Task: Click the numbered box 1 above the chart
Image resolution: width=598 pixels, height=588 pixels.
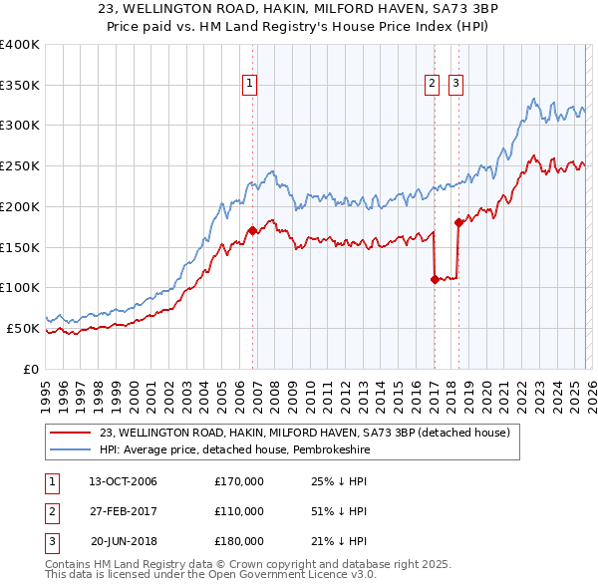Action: (x=248, y=85)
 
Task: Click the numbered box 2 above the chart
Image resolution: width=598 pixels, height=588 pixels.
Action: (x=433, y=85)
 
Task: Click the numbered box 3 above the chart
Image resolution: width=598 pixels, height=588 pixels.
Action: (x=455, y=85)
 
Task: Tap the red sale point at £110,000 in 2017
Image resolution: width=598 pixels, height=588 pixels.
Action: (x=435, y=280)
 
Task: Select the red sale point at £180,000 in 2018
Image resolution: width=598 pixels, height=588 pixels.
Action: (x=458, y=222)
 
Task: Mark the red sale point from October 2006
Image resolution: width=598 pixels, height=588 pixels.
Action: (x=252, y=230)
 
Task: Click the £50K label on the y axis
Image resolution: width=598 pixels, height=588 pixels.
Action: (x=23, y=328)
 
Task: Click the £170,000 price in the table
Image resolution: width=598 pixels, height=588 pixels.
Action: (x=239, y=481)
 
